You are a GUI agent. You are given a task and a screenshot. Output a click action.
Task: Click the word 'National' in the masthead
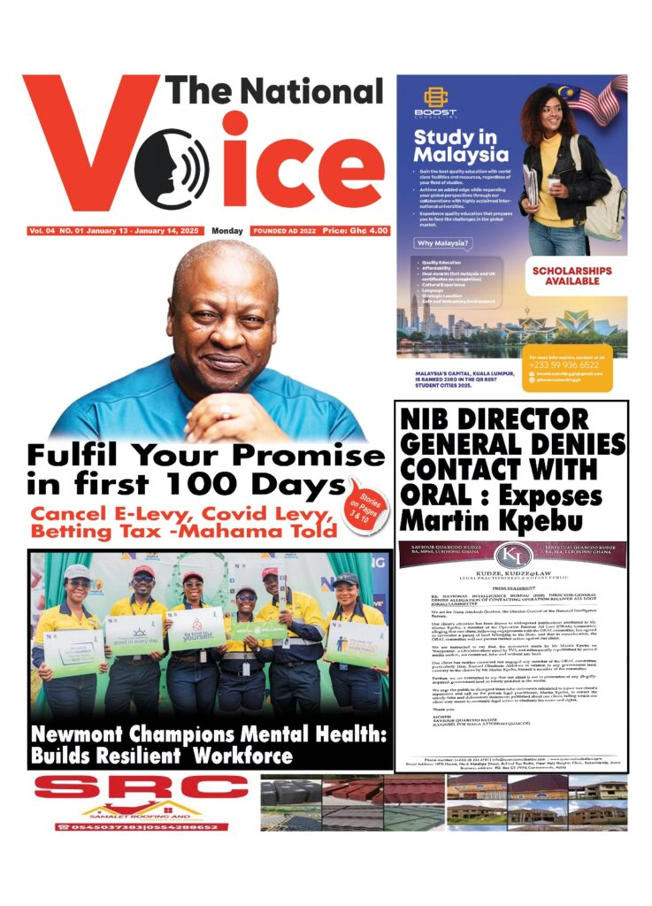click(x=311, y=92)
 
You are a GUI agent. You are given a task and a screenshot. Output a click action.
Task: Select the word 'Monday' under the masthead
click(x=227, y=231)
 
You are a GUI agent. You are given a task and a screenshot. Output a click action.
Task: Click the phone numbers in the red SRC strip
click(x=142, y=826)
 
